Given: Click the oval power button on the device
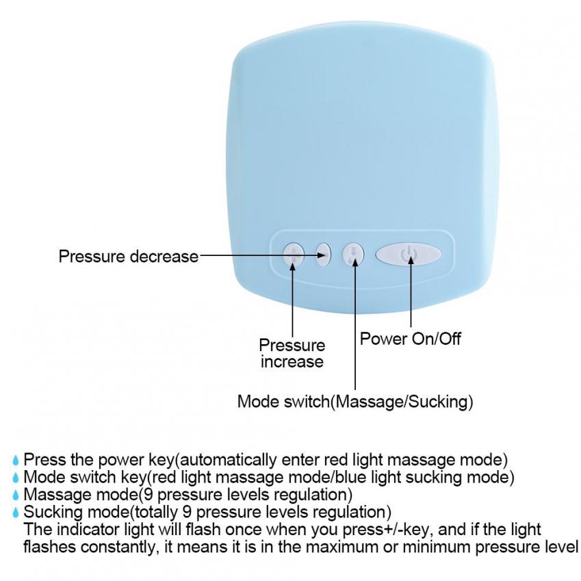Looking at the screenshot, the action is click(x=408, y=254).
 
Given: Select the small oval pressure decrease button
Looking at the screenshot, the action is click(x=323, y=254).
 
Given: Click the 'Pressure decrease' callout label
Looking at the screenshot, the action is click(x=128, y=257).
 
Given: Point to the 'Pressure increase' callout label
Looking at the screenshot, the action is click(x=292, y=353).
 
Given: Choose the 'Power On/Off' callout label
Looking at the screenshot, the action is click(x=411, y=338).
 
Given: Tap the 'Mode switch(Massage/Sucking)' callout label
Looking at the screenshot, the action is click(x=355, y=401).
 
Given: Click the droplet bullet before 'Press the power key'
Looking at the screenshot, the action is click(x=16, y=460).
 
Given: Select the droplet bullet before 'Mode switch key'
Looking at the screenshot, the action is click(x=16, y=477).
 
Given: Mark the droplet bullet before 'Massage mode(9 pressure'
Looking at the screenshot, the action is click(x=16, y=494).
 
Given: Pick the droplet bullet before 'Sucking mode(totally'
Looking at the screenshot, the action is click(x=16, y=512).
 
